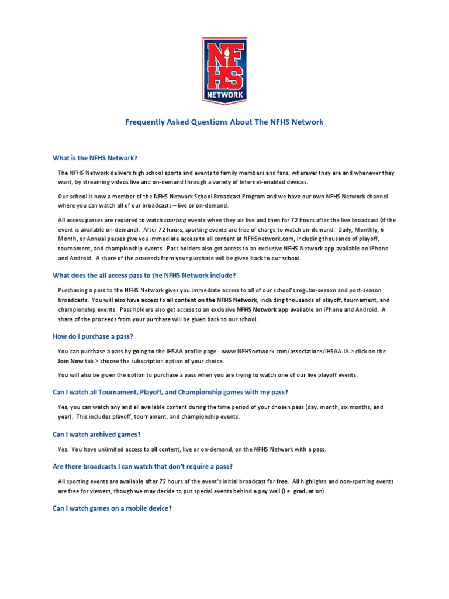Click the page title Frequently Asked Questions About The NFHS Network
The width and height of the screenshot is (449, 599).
(x=224, y=122)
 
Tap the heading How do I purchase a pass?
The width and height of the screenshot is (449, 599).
(x=93, y=336)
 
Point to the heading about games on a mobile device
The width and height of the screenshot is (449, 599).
(x=112, y=509)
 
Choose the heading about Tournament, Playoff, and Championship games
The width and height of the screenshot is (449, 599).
(x=170, y=391)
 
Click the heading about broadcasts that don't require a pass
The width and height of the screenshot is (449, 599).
(x=143, y=466)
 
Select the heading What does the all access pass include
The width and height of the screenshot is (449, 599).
(x=144, y=276)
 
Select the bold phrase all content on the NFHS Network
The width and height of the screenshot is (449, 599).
(x=212, y=299)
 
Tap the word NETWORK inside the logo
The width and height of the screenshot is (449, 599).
(x=224, y=94)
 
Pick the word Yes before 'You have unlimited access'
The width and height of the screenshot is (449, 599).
(x=63, y=449)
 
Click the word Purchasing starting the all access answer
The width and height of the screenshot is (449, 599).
(x=74, y=291)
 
